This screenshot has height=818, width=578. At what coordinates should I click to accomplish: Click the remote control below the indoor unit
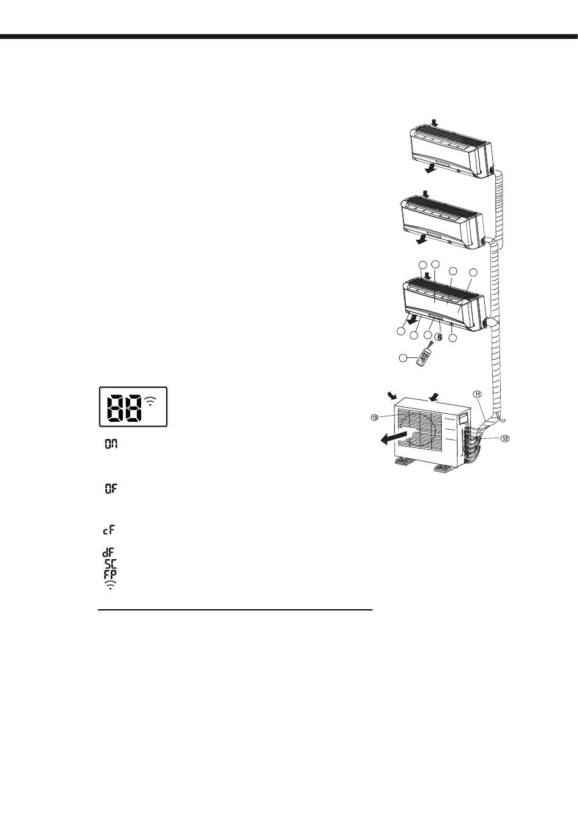(x=425, y=357)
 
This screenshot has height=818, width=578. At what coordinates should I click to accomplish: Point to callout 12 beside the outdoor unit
(x=504, y=439)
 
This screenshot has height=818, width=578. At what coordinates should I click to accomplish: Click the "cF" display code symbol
(x=110, y=530)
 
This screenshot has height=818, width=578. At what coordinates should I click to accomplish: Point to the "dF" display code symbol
(x=110, y=553)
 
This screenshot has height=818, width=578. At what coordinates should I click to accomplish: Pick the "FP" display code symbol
(x=110, y=574)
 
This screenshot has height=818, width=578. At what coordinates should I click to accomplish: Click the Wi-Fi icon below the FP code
(x=110, y=585)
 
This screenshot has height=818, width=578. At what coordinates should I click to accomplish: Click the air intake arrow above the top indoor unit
(x=433, y=122)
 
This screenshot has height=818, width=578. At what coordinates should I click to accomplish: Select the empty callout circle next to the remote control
(x=402, y=359)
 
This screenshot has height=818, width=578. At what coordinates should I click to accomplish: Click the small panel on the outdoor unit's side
(x=464, y=419)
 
